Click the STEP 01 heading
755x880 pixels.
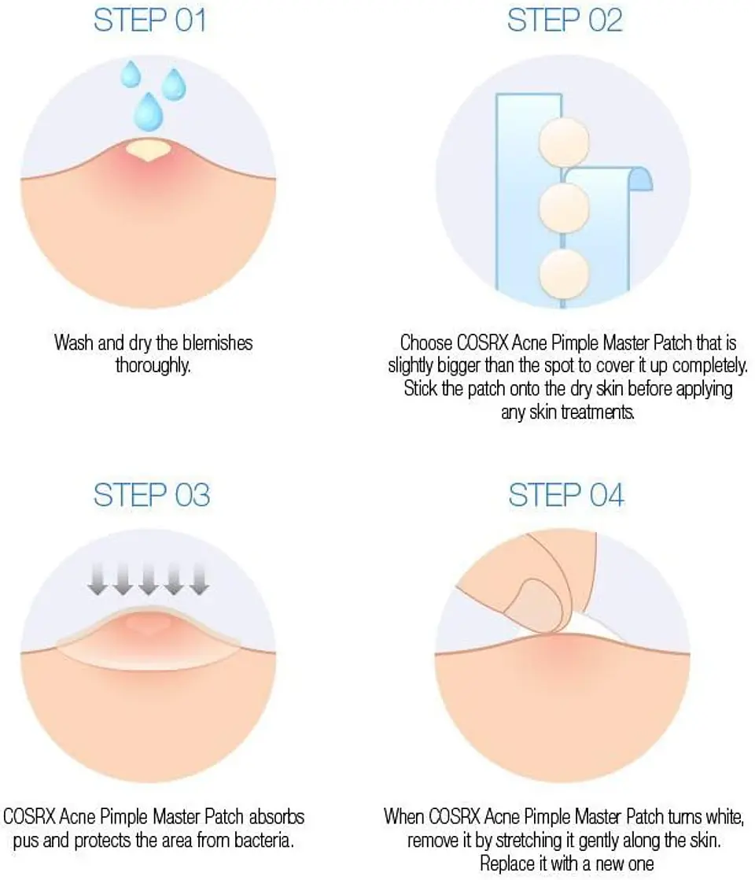click(149, 20)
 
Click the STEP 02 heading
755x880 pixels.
click(565, 20)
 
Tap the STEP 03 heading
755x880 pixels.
click(151, 495)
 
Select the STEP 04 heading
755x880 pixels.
click(566, 495)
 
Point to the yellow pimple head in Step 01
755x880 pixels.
click(148, 148)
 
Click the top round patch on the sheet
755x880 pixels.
click(563, 144)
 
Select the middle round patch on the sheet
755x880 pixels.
click(564, 207)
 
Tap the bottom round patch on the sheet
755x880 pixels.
click(564, 272)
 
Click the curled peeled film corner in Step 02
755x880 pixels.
click(639, 179)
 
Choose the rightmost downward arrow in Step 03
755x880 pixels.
click(198, 579)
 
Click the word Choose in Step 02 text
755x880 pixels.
click(426, 343)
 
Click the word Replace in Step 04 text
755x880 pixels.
click(507, 863)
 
